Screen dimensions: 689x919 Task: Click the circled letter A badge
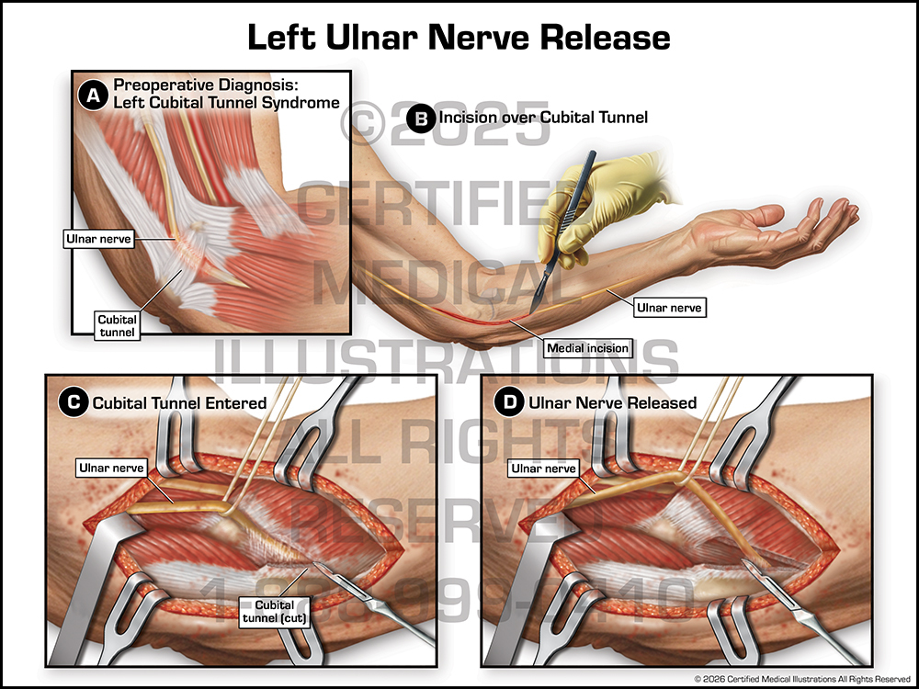click(93, 93)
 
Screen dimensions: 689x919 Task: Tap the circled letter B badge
click(420, 119)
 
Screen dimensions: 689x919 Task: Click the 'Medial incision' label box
click(587, 347)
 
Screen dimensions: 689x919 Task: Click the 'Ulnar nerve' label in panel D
click(544, 469)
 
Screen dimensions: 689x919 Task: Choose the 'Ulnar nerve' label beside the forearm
click(670, 308)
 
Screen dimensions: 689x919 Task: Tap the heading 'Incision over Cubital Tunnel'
click(544, 118)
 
